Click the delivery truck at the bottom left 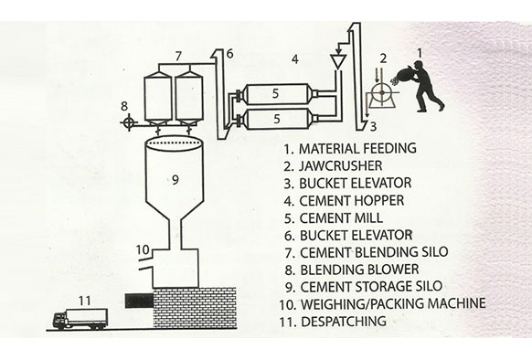click(x=80, y=319)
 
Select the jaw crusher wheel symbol click(x=382, y=92)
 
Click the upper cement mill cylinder click(x=278, y=93)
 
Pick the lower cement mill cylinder click(x=278, y=119)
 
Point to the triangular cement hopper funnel click(x=338, y=61)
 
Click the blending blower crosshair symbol click(x=129, y=122)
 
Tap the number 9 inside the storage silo click(x=176, y=179)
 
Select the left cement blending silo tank click(x=158, y=99)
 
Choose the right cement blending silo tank click(x=189, y=99)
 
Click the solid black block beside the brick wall click(x=139, y=301)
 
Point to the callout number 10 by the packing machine click(x=143, y=249)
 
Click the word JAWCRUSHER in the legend click(x=340, y=166)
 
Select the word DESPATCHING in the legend click(x=344, y=321)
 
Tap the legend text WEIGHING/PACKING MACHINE click(x=393, y=303)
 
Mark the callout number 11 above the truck click(x=85, y=301)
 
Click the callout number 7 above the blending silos click(x=178, y=57)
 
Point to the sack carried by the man click(x=405, y=74)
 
